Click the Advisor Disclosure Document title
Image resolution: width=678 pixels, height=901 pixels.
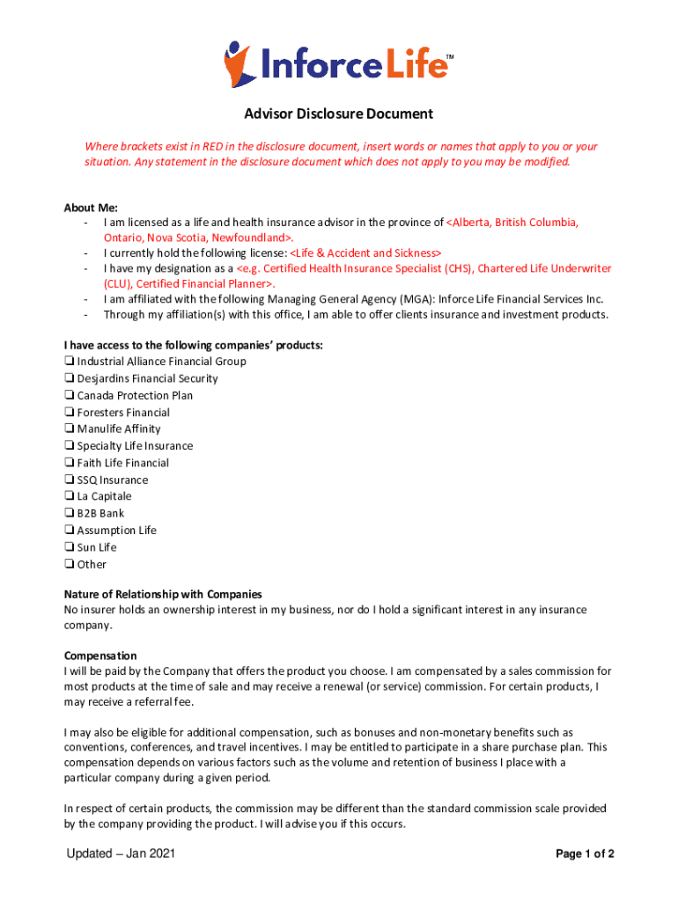338,114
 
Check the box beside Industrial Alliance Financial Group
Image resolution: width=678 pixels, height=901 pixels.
69,362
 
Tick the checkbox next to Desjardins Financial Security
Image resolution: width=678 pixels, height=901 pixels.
69,378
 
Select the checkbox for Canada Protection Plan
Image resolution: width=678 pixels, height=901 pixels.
69,395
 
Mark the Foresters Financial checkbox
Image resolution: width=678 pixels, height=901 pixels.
69,412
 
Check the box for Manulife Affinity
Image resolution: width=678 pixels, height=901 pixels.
69,429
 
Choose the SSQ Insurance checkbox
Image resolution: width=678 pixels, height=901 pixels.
69,480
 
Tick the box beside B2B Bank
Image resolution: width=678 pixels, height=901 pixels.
69,513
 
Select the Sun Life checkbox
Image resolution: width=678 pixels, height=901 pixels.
69,547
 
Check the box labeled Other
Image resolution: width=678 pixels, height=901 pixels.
69,564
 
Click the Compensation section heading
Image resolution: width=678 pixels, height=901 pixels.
100,656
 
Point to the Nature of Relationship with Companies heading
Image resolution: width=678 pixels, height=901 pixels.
163,594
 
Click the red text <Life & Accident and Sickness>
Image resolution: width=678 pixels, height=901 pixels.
365,253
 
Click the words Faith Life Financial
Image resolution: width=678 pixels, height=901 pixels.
123,463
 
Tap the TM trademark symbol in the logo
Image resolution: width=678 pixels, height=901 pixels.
450,57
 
